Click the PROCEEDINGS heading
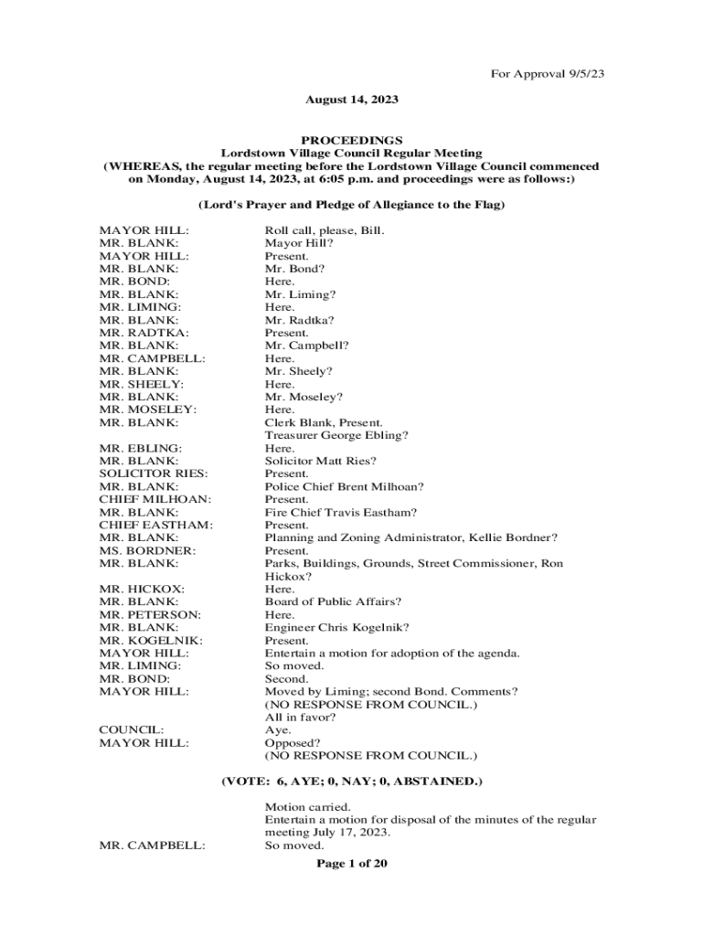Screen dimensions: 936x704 [x=352, y=140]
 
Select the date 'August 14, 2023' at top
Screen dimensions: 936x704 [x=352, y=99]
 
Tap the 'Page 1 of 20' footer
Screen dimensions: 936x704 [x=352, y=863]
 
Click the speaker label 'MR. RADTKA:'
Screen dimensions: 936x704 [x=139, y=334]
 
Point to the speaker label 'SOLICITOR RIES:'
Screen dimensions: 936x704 [x=153, y=474]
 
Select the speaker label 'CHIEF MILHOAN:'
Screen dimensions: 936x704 [x=155, y=500]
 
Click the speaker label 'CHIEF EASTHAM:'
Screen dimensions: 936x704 [x=155, y=526]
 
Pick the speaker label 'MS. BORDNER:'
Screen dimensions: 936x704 [x=142, y=551]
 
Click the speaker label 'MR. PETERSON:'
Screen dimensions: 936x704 [x=150, y=615]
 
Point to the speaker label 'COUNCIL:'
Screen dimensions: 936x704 [x=132, y=730]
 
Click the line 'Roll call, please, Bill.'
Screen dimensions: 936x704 [x=325, y=231]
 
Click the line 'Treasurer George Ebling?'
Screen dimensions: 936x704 [x=336, y=436]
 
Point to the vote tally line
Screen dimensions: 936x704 [x=352, y=782]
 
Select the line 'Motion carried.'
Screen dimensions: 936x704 [x=307, y=807]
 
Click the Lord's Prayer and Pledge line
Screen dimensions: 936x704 [x=352, y=205]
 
